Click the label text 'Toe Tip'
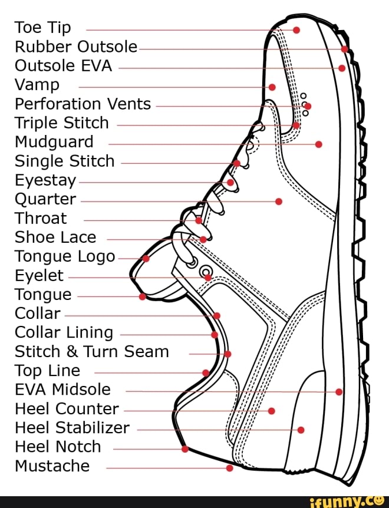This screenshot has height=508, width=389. tap(42, 28)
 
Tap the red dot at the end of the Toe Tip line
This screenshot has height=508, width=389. tap(296, 29)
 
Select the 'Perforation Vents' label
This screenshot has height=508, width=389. tap(83, 104)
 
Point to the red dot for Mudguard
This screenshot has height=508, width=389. tap(318, 144)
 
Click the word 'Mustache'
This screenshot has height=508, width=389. tap(52, 466)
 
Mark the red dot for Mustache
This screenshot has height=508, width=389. tap(229, 469)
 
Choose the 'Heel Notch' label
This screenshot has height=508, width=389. tap(58, 447)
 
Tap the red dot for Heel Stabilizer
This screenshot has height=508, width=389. tap(301, 430)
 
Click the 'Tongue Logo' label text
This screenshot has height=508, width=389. tap(65, 256)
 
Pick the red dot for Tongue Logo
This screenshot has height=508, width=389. tap(146, 258)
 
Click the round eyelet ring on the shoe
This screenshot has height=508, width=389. tap(206, 272)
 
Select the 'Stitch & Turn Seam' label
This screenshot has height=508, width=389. tap(91, 352)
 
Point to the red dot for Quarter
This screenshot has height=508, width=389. tap(279, 202)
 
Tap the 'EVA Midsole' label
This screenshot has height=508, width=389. tap(62, 390)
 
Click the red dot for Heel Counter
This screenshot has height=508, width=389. tap(271, 410)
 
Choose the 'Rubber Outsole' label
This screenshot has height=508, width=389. tap(75, 47)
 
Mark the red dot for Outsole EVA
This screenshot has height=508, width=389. tap(342, 68)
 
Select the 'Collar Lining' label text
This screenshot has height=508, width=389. tap(64, 332)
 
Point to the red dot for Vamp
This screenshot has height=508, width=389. tap(272, 87)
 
